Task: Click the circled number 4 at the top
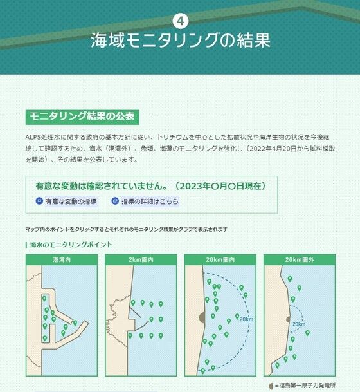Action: tap(180, 21)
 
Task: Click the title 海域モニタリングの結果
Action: tap(181, 40)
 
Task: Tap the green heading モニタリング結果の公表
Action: tap(82, 117)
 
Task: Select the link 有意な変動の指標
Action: tap(71, 201)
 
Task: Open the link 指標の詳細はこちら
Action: tap(150, 201)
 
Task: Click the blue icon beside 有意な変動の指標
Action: tap(39, 201)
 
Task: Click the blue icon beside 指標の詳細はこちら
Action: tap(115, 201)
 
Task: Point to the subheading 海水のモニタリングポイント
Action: tap(71, 245)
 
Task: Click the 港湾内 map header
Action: tap(62, 260)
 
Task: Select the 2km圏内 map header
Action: tap(141, 260)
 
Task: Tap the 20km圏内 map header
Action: tap(221, 260)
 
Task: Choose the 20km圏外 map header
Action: tap(300, 260)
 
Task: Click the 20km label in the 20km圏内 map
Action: tap(246, 319)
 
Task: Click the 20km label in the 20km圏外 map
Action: tap(299, 324)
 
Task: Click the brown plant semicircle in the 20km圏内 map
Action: tap(203, 317)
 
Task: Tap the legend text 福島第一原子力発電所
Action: tap(307, 386)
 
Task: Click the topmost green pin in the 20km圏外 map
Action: tap(290, 279)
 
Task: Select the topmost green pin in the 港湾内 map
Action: tap(44, 298)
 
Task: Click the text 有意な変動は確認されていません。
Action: tap(102, 186)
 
